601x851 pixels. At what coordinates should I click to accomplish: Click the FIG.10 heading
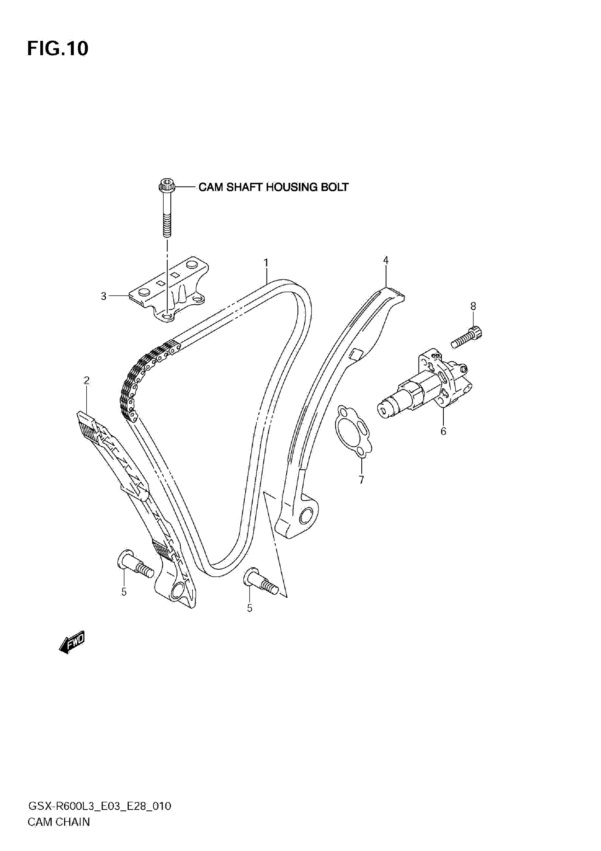[x=58, y=48]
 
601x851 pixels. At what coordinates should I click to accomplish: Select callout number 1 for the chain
[x=266, y=263]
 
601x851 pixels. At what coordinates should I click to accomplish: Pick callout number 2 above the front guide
[x=86, y=381]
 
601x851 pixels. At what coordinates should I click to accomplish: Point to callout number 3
[x=104, y=296]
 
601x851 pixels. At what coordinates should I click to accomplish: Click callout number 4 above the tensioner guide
[x=386, y=260]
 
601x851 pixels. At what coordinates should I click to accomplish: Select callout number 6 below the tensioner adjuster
[x=443, y=431]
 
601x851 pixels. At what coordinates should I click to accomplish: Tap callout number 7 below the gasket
[x=362, y=480]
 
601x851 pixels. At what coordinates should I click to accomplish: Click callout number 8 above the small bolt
[x=473, y=306]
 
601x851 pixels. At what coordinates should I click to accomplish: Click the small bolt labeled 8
[x=466, y=336]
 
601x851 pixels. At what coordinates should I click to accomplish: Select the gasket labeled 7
[x=352, y=432]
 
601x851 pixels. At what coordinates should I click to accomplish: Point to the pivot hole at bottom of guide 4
[x=307, y=516]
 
